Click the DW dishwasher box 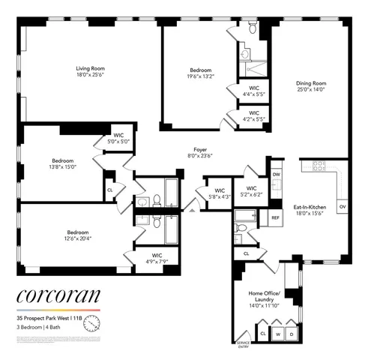click(x=276, y=174)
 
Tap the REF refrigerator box click(x=276, y=217)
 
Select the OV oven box click(x=343, y=205)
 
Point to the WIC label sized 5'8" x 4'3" click(x=220, y=194)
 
